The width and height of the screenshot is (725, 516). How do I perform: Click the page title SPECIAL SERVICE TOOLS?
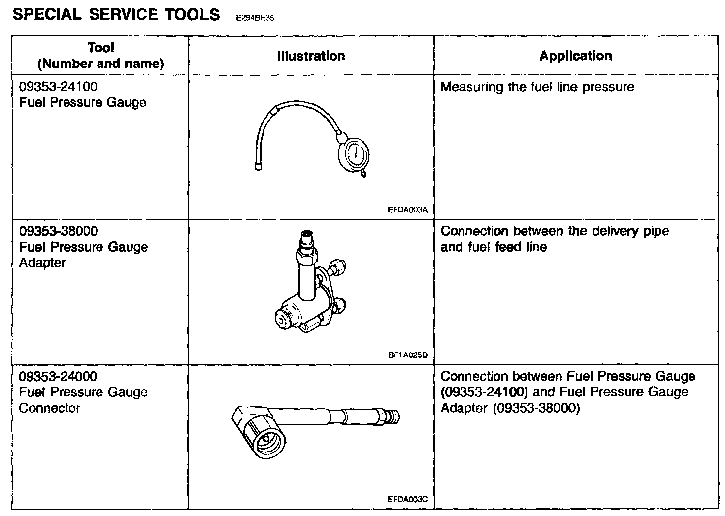tap(116, 14)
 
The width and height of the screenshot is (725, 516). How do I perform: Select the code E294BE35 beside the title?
tap(255, 18)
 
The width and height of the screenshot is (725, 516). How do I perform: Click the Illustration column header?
tap(311, 56)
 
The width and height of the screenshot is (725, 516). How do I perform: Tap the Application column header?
tap(575, 56)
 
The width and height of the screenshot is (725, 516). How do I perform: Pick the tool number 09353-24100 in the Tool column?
tap(58, 87)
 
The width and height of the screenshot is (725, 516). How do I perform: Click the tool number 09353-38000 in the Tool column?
tap(58, 231)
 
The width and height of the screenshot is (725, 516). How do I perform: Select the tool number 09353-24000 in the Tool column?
tap(58, 376)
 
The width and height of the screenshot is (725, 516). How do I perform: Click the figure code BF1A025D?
tap(408, 355)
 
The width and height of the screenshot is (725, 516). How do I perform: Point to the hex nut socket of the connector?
tap(266, 438)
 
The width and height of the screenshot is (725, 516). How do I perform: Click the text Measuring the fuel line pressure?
tap(537, 87)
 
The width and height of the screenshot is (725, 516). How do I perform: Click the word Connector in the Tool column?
tap(49, 408)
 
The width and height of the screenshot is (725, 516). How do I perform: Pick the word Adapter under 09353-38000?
tap(42, 263)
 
